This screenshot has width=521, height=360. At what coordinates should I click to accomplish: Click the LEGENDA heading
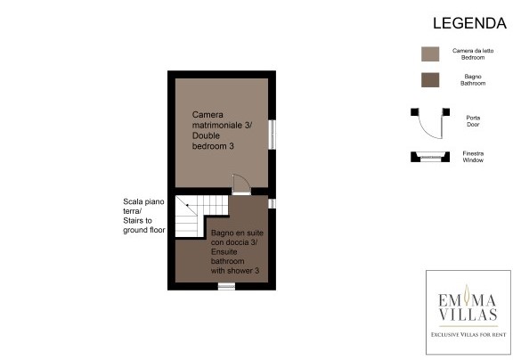pos(469,23)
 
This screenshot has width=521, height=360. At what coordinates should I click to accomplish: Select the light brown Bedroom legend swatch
pos(430,53)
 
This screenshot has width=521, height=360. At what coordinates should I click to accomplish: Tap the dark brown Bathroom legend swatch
pos(430,80)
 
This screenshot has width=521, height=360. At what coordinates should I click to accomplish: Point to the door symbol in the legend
pos(430,123)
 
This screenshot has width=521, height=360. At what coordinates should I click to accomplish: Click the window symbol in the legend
pos(430,157)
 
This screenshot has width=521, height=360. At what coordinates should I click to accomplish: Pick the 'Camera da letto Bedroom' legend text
pos(473,53)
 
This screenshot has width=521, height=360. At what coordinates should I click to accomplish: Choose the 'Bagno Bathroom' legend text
pos(473,80)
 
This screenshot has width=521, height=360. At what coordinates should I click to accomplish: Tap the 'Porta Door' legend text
pos(473,121)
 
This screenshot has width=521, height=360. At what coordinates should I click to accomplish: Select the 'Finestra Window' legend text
pos(473,157)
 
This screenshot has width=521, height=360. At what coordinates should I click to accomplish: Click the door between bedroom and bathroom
pos(241,184)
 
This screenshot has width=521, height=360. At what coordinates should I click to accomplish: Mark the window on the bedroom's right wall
pos(272,135)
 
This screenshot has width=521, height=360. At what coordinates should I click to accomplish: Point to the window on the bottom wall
pos(226,286)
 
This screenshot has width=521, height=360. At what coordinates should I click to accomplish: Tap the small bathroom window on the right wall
pos(272,203)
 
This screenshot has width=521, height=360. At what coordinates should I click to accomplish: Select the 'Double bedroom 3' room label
pos(213,141)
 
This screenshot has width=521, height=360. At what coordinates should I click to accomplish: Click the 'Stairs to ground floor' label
pos(144,225)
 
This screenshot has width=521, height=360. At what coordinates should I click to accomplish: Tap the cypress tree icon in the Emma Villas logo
pos(467,295)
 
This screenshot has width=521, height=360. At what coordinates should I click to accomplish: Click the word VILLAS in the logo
pos(468,315)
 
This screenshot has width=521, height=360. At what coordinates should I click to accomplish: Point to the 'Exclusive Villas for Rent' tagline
pos(468,334)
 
